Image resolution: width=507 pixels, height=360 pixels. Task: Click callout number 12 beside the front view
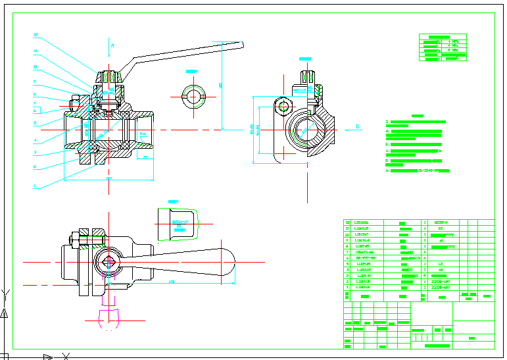point(36,35)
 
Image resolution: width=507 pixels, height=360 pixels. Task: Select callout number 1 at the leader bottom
point(35,186)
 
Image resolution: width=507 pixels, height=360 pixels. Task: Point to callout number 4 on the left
point(35,140)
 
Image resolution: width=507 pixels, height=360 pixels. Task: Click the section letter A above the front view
point(112,45)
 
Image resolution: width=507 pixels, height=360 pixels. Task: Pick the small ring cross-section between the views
point(193,95)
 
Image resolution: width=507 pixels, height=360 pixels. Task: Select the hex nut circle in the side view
point(284,105)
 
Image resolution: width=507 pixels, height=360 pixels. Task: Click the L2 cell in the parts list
point(440,264)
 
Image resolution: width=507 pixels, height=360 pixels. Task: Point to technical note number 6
point(388,170)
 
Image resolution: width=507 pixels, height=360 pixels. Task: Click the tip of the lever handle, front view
point(241,45)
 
